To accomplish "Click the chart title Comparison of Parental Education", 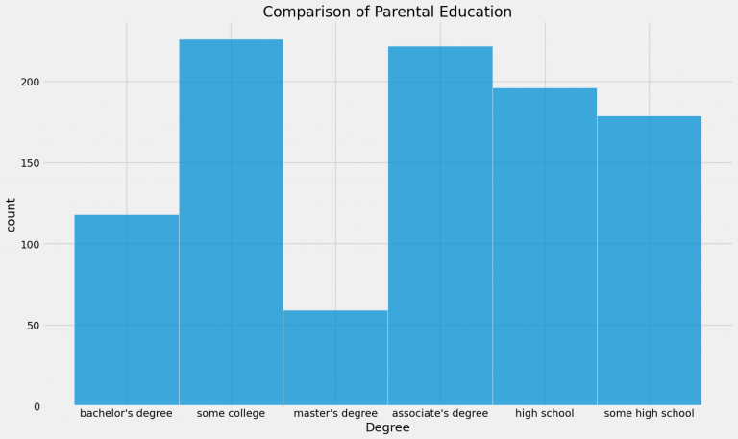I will [387, 12].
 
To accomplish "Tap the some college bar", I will [231, 222].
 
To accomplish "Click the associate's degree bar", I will [440, 226].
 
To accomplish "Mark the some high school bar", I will [649, 260].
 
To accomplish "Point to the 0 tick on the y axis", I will [37, 406].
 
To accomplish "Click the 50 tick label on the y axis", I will [34, 326].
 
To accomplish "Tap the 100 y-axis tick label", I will [31, 244].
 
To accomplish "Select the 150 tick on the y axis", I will [31, 163].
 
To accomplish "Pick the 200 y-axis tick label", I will [31, 82].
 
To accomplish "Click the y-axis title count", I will [12, 214].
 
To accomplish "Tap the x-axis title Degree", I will [387, 428].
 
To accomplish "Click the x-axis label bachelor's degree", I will [126, 414].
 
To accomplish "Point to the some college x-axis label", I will [231, 414].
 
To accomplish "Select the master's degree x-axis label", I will [335, 414].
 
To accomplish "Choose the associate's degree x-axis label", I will [440, 414].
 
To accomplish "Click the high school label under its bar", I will [544, 414].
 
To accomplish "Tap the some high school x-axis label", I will [649, 414].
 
